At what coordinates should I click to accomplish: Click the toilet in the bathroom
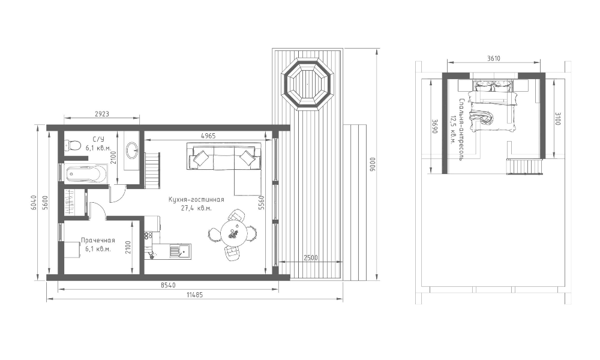pyautogui.click(x=73, y=145)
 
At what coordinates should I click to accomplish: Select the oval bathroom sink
pyautogui.click(x=133, y=149)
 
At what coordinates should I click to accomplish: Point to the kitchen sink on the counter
pyautogui.click(x=180, y=251)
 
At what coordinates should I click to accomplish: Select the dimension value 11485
pyautogui.click(x=195, y=295)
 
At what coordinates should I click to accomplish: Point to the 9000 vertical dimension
pyautogui.click(x=373, y=164)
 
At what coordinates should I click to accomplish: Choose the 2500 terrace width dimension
pyautogui.click(x=311, y=258)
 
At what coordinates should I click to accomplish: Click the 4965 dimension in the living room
pyautogui.click(x=209, y=136)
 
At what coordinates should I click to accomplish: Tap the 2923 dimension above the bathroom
pyautogui.click(x=102, y=113)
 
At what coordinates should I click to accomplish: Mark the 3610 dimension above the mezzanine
pyautogui.click(x=494, y=59)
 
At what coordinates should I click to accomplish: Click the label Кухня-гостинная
pyautogui.click(x=196, y=200)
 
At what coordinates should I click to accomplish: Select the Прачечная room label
pyautogui.click(x=98, y=241)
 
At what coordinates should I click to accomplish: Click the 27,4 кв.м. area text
pyautogui.click(x=196, y=209)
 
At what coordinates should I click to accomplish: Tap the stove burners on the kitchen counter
pyautogui.click(x=148, y=235)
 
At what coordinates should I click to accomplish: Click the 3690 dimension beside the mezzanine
pyautogui.click(x=434, y=126)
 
